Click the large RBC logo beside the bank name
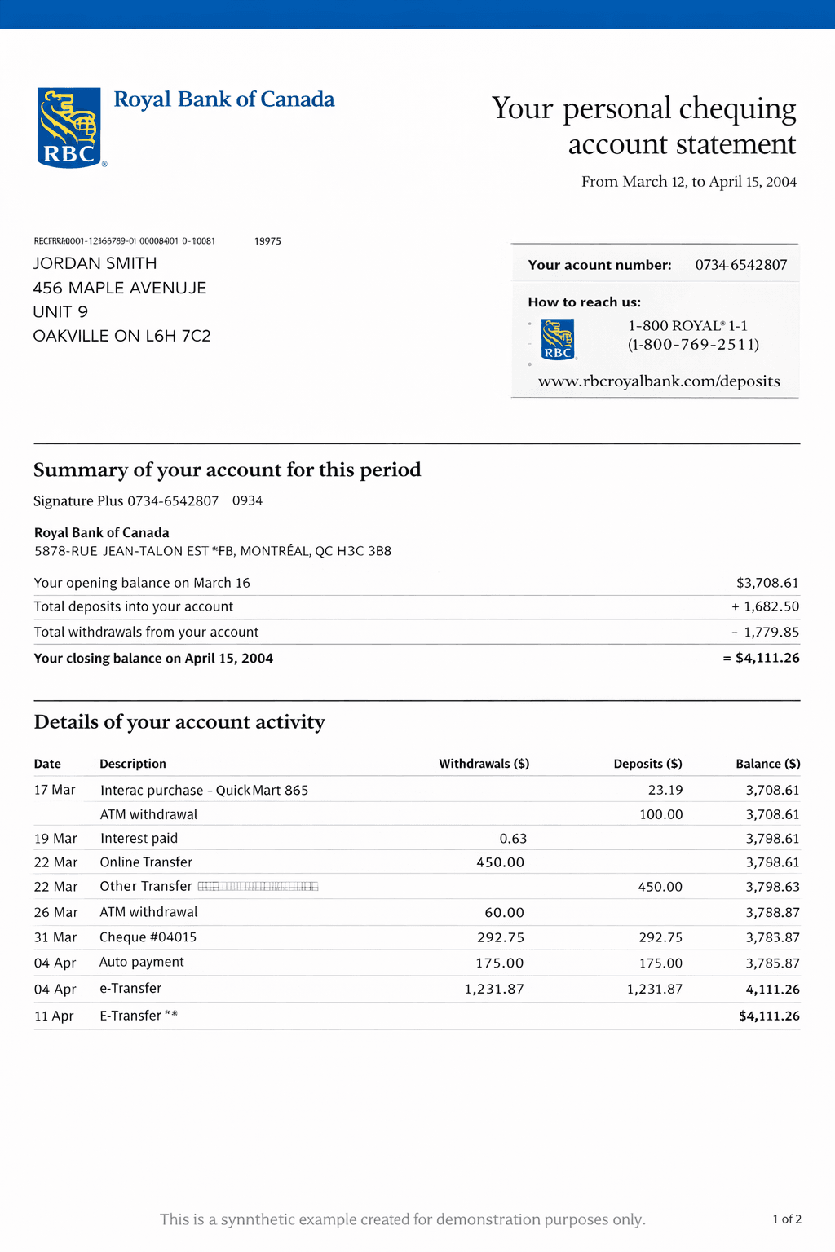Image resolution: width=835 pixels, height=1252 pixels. click(x=69, y=127)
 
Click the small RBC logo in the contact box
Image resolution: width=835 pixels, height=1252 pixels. click(x=558, y=339)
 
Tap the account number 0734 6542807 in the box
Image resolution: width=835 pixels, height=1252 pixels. click(x=741, y=265)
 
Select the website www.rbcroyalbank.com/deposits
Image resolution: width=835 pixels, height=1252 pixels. click(x=659, y=381)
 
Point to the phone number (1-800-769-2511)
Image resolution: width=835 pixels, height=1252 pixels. click(x=693, y=345)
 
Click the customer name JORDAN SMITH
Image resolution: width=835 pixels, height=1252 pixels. click(x=95, y=263)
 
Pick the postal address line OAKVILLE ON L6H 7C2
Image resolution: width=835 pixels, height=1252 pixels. click(x=122, y=336)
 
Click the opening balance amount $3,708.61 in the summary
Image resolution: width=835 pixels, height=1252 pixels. click(x=767, y=583)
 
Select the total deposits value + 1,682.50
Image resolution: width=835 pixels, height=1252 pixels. click(x=765, y=606)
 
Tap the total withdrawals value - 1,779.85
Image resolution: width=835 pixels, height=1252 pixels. click(x=765, y=632)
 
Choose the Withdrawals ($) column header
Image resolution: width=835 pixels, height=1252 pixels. click(x=484, y=764)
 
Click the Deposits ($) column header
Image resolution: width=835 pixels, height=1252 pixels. click(x=647, y=764)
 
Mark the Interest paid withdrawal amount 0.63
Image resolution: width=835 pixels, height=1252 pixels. click(x=513, y=839)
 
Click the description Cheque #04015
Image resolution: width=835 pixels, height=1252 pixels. click(x=148, y=937)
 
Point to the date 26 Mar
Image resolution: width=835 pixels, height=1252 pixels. click(x=55, y=912)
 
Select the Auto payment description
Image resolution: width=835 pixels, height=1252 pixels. click(x=142, y=962)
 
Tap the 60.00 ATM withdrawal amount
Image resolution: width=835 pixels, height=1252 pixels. click(x=504, y=913)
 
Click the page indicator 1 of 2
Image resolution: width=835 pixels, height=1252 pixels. click(x=787, y=1219)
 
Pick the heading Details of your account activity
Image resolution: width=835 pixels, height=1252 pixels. click(x=179, y=722)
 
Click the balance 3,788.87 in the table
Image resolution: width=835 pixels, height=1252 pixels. click(x=772, y=913)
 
